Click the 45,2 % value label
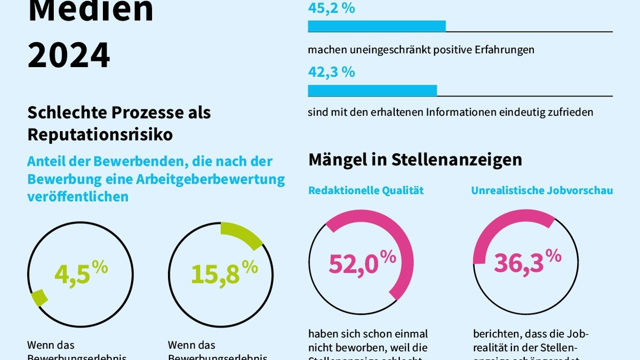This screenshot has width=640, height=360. [331, 9]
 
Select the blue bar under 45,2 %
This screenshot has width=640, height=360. [377, 26]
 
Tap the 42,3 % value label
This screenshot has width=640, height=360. [331, 72]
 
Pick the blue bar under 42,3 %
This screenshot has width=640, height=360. [372, 91]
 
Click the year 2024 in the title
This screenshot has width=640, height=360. [69, 54]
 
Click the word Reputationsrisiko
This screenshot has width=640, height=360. [100, 135]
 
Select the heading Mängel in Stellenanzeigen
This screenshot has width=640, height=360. [415, 159]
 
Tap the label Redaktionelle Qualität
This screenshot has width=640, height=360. [366, 190]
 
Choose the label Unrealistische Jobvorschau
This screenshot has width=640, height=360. [542, 190]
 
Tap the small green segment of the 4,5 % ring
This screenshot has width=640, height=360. [38, 298]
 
